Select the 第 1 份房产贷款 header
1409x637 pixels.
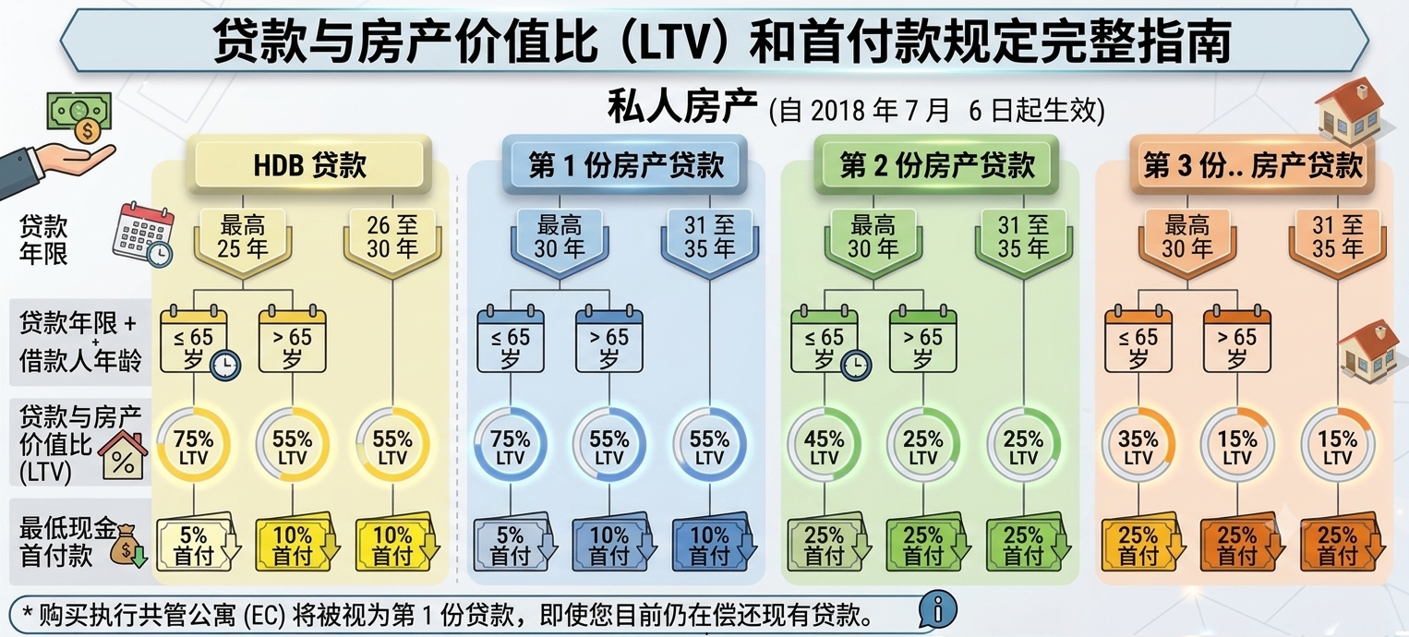click(625, 164)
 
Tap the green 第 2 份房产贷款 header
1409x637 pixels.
click(936, 164)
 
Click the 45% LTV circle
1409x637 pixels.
click(824, 445)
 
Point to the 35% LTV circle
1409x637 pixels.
click(1138, 445)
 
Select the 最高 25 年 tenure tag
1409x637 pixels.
click(243, 240)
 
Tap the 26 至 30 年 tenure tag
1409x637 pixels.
click(392, 240)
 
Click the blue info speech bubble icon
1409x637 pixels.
click(937, 609)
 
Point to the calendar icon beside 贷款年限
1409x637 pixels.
click(143, 235)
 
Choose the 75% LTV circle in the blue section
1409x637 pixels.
click(510, 445)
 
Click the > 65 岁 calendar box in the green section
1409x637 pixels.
click(922, 340)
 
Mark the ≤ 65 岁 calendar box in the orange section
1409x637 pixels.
click(1138, 340)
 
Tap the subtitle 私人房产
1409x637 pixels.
click(682, 107)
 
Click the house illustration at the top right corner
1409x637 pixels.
click(1350, 112)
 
